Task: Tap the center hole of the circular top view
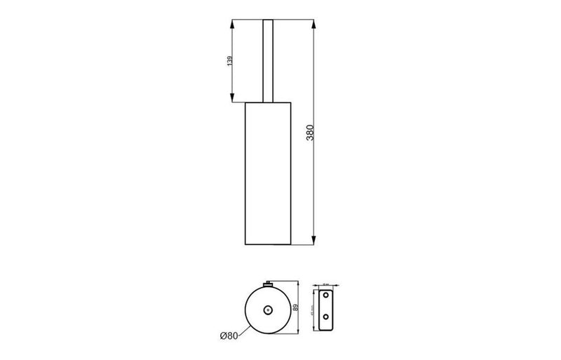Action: (x=267, y=309)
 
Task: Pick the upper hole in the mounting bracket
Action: (x=325, y=298)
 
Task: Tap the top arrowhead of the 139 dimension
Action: (x=231, y=23)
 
